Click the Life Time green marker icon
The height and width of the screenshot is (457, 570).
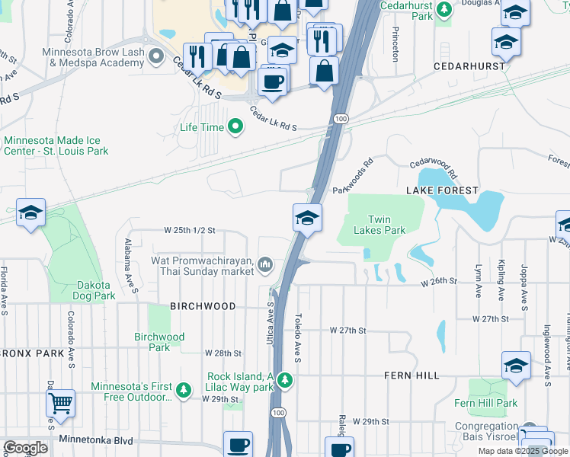tap(235, 127)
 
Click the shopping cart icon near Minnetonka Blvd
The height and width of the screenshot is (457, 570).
tap(60, 403)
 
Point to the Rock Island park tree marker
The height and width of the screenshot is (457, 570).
tap(284, 379)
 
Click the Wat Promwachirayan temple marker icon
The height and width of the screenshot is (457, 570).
tap(265, 264)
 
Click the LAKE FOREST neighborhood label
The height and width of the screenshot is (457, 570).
tap(442, 190)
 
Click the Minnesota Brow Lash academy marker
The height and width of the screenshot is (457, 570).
tap(157, 55)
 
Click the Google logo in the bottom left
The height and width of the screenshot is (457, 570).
tap(25, 447)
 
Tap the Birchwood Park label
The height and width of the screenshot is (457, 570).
tap(159, 342)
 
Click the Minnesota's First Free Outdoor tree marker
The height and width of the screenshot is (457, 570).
tap(183, 391)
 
